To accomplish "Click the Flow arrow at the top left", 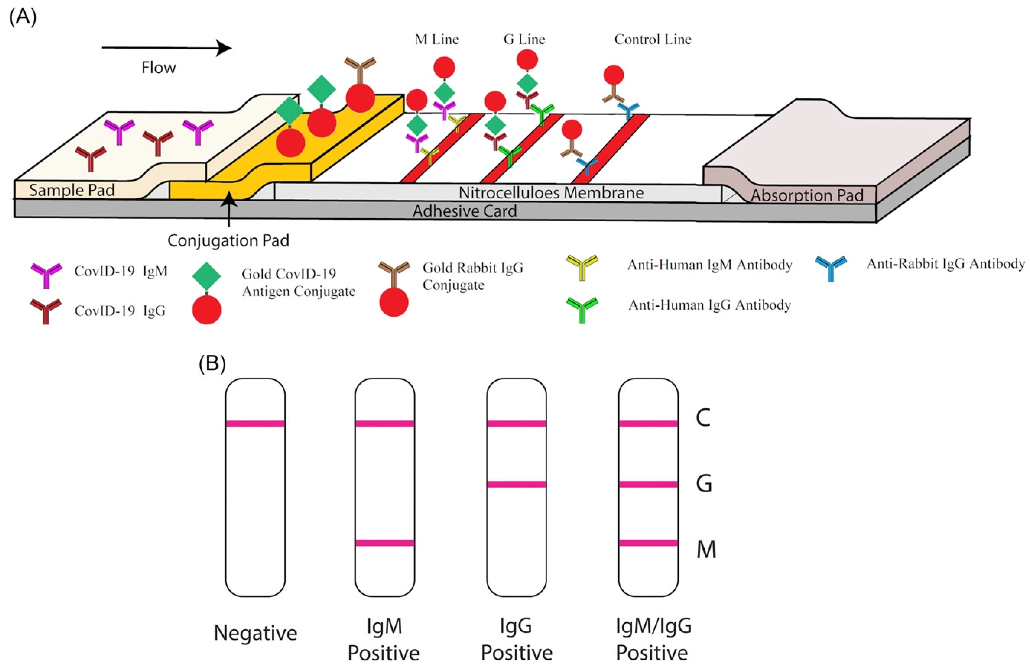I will [x=167, y=48].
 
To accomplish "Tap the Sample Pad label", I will [x=72, y=190].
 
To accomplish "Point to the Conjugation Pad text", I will [x=228, y=240].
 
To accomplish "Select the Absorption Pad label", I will [x=807, y=195].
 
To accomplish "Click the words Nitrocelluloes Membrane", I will [x=551, y=193].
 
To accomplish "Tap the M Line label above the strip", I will [x=436, y=39].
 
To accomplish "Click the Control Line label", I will [x=653, y=39].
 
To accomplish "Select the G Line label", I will [x=524, y=39].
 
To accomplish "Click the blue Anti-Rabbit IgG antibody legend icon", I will [x=831, y=268].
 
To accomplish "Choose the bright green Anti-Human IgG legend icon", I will [x=582, y=309].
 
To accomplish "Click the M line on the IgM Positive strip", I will [x=384, y=543].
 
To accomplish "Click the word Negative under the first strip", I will [x=255, y=633].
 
